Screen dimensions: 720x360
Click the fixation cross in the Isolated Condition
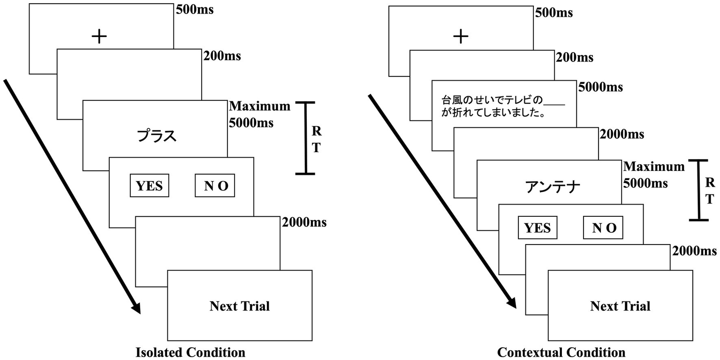click(99, 37)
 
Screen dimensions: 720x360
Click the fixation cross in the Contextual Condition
click(461, 36)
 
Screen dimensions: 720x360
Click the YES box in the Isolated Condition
click(149, 186)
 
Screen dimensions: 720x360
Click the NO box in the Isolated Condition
click(215, 186)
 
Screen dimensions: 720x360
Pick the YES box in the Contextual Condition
click(537, 228)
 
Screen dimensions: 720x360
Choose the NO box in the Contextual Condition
click(603, 228)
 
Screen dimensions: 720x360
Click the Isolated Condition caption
click(190, 352)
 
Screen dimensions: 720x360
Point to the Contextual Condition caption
click(561, 352)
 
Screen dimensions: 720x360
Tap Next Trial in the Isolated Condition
click(239, 306)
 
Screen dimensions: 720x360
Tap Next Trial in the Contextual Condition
click(620, 306)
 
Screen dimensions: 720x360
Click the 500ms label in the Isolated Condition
click(195, 9)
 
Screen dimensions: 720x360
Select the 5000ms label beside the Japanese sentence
click(600, 87)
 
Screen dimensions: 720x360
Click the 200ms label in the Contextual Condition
click(574, 58)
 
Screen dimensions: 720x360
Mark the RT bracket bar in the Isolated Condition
click(306, 138)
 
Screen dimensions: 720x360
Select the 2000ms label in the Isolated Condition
click(304, 222)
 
